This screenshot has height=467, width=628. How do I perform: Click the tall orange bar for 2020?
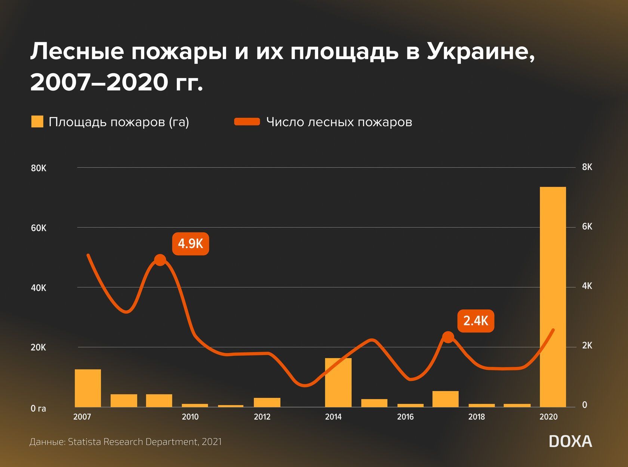[x=553, y=297]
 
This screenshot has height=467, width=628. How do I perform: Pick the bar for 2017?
[x=445, y=399]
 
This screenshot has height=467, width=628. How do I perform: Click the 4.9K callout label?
[x=190, y=244]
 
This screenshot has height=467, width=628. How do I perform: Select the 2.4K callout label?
[x=475, y=321]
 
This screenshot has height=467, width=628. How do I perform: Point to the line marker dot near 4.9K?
[x=160, y=260]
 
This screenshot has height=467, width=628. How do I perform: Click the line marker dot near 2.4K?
[x=448, y=337]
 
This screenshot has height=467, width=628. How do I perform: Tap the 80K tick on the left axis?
[x=39, y=168]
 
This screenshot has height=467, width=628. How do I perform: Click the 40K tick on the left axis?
[x=39, y=288]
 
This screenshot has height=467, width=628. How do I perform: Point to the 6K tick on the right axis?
[x=587, y=227]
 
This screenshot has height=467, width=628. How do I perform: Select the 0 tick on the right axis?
[x=585, y=405]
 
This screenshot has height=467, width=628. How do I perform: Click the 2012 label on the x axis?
[x=262, y=417]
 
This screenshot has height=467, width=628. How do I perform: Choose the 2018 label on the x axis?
[x=477, y=417]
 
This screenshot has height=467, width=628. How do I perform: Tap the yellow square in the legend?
[x=37, y=122]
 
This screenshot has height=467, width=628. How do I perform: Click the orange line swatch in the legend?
[x=247, y=122]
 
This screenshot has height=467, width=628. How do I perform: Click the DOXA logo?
[x=570, y=442]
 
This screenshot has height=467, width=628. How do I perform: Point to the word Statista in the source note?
[x=84, y=442]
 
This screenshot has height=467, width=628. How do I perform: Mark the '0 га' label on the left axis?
[x=39, y=409]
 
